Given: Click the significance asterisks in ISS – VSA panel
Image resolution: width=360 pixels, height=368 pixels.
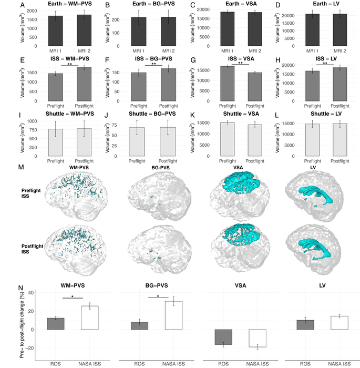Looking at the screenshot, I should (x=240, y=64).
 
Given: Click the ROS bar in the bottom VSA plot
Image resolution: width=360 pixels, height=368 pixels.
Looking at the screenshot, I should (x=223, y=337).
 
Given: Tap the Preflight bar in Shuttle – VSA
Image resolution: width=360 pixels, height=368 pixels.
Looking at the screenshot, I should (x=228, y=139).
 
